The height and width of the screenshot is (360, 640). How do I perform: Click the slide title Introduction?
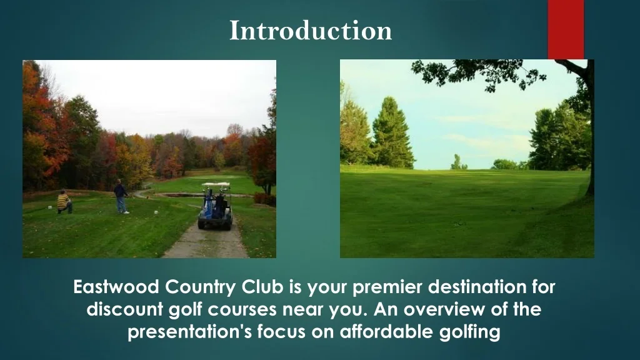click(311, 30)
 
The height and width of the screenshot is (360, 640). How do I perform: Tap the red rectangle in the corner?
click(566, 29)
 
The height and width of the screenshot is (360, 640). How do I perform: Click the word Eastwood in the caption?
click(116, 287)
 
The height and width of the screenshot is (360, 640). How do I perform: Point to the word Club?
click(262, 287)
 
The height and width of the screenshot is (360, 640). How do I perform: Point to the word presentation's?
click(190, 332)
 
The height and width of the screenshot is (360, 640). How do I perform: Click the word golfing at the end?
click(470, 332)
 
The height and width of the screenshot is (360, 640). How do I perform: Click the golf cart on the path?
click(216, 206)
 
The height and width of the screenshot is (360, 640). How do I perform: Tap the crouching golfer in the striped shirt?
click(64, 202)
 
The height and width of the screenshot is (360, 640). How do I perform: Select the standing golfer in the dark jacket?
click(121, 196)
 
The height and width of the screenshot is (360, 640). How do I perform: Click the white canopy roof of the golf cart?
click(216, 184)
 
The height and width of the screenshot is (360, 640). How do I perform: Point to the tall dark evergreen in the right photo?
click(392, 132)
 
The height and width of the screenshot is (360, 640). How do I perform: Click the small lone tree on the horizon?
click(456, 162)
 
